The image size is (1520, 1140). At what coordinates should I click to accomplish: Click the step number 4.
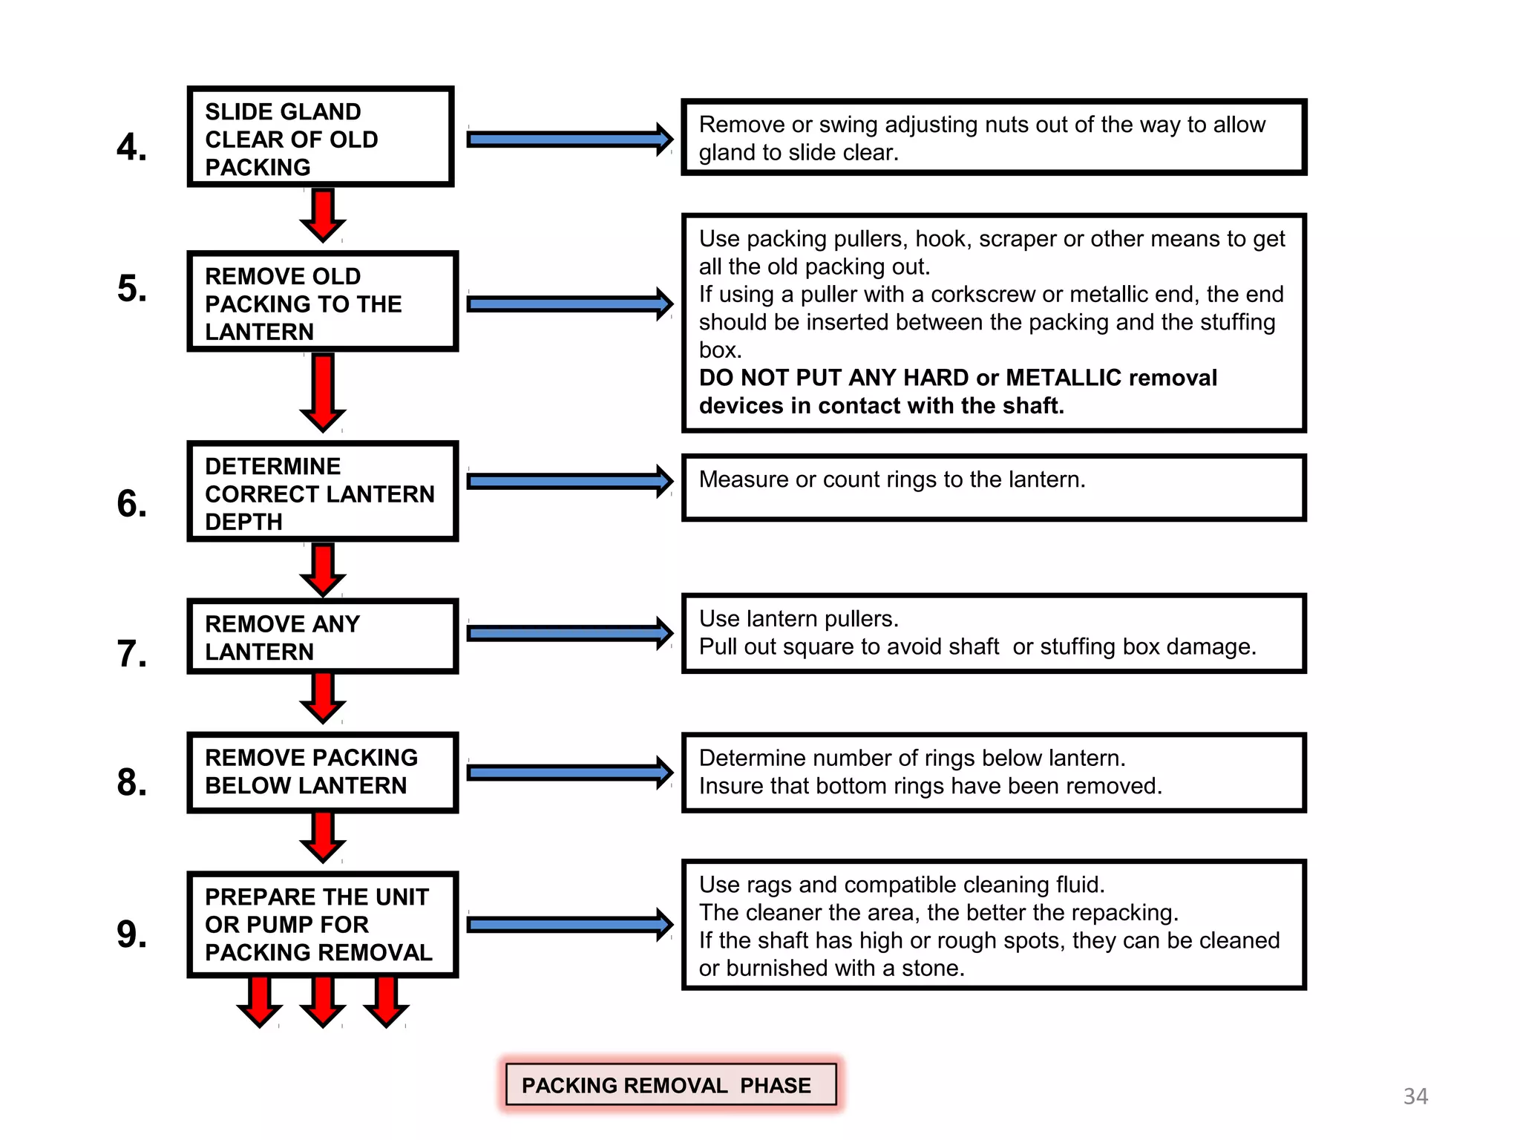pyautogui.click(x=131, y=147)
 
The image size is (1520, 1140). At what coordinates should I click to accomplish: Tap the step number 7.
pyautogui.click(x=131, y=654)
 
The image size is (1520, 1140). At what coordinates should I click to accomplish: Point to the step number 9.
pyautogui.click(x=131, y=934)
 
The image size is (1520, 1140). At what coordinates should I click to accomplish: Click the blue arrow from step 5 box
pyautogui.click(x=570, y=304)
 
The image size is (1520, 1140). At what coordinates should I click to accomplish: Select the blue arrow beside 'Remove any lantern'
pyautogui.click(x=570, y=633)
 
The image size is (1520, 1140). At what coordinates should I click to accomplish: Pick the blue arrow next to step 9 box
pyautogui.click(x=570, y=924)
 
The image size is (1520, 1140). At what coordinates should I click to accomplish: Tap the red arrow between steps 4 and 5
pyautogui.click(x=323, y=215)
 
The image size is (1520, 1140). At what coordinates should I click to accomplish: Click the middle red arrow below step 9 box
pyautogui.click(x=323, y=1002)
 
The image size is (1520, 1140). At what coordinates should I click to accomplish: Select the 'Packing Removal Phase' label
pyautogui.click(x=671, y=1084)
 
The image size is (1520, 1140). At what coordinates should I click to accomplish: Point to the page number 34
pyautogui.click(x=1415, y=1096)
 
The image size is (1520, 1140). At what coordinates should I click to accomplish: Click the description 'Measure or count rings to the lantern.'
pyautogui.click(x=892, y=479)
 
